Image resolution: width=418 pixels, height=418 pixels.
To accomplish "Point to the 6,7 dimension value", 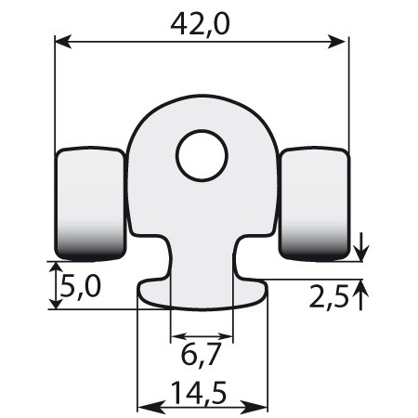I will coord(201,357).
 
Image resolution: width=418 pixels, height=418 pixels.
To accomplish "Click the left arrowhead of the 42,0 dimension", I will coord(62,41).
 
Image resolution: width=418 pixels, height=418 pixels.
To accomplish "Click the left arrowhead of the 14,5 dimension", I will coord(144,407).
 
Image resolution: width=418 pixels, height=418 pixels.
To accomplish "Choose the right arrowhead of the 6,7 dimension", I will coord(226,336).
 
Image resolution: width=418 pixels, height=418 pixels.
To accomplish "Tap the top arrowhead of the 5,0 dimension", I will coord(49,267).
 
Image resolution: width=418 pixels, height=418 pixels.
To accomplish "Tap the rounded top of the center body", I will coord(201,110).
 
